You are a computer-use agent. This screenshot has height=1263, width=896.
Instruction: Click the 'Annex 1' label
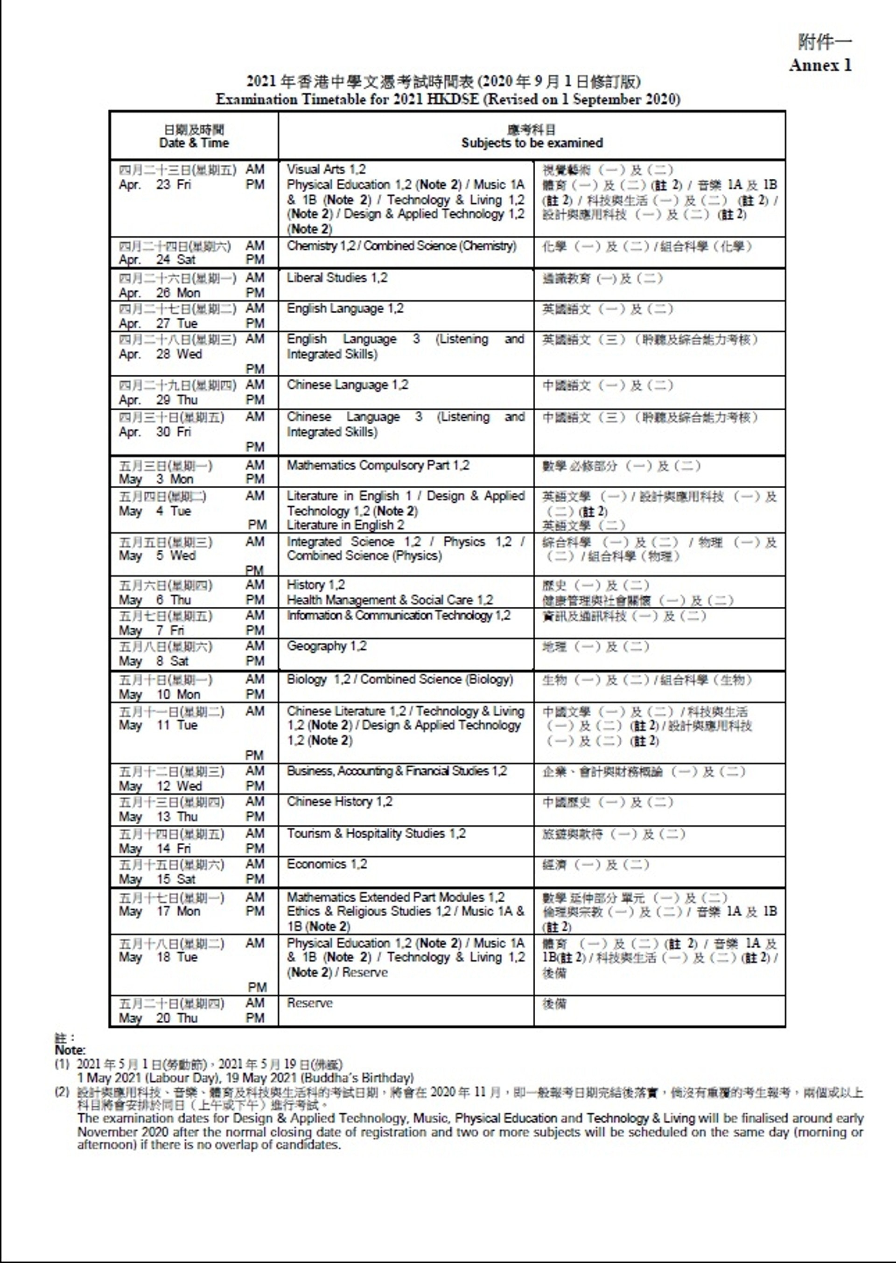click(820, 66)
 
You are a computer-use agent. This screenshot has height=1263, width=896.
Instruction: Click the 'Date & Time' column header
click(194, 143)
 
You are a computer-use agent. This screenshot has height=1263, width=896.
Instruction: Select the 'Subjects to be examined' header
click(532, 143)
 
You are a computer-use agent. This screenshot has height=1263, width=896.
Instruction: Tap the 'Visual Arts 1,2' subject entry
click(326, 169)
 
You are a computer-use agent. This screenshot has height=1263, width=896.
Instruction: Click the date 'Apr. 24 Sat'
click(157, 260)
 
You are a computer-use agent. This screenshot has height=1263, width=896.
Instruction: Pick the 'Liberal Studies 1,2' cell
click(337, 278)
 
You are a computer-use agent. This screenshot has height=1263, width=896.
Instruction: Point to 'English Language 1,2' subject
click(345, 309)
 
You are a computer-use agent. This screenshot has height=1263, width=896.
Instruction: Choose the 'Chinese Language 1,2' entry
click(348, 385)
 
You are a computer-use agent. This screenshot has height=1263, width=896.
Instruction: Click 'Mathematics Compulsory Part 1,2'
click(378, 465)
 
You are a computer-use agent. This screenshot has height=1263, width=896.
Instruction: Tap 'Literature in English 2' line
click(345, 525)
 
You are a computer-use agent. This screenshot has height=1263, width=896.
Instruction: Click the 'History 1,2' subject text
click(315, 584)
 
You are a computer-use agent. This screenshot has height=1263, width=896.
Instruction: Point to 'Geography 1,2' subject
click(327, 646)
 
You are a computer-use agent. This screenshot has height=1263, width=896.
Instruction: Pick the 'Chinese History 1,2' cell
click(339, 801)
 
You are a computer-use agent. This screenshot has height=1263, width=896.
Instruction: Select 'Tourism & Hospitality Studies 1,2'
click(376, 833)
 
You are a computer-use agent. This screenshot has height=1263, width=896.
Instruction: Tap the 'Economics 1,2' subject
click(327, 863)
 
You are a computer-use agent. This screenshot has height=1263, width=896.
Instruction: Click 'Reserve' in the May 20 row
click(309, 1003)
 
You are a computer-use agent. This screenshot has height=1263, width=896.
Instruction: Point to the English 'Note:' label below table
click(70, 1051)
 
